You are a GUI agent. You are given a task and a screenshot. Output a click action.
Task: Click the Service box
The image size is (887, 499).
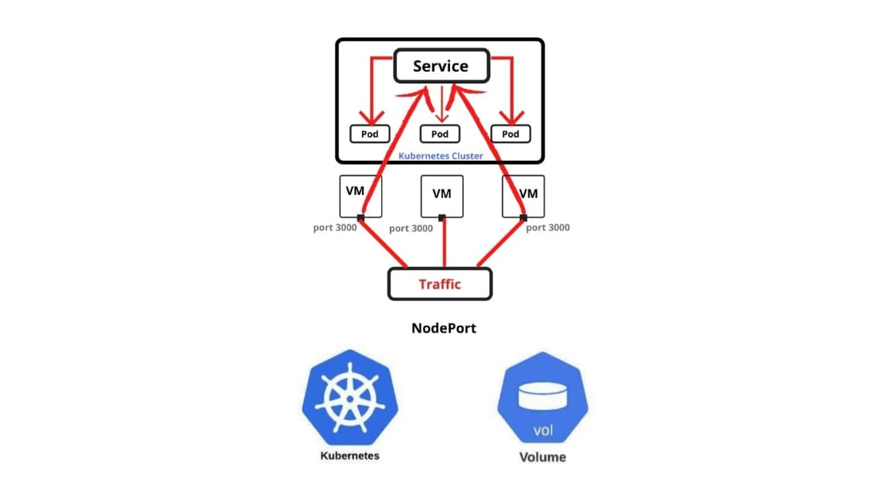441,67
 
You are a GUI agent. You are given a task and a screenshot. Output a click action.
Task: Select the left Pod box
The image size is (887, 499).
369,134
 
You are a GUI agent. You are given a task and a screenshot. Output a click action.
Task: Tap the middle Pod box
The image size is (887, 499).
439,134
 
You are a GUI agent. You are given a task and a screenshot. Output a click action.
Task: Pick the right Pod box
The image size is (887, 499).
510,134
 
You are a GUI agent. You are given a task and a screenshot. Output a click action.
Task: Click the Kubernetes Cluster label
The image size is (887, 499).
440,156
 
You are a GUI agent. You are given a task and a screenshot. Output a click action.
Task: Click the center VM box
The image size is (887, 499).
442,196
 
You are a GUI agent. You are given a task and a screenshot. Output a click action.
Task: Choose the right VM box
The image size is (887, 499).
523,196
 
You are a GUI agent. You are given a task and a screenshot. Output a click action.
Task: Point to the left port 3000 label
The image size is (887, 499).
334,228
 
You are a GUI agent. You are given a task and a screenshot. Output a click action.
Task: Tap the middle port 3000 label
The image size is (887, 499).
411,228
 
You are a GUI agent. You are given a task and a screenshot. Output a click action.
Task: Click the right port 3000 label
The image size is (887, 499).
548,227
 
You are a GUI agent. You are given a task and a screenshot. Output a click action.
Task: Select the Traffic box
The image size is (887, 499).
439,284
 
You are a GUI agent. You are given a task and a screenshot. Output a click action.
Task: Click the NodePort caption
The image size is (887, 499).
444,328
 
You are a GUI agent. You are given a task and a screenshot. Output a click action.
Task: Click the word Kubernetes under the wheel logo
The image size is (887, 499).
350,456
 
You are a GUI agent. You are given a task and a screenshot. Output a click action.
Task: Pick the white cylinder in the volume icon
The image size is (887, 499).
542,397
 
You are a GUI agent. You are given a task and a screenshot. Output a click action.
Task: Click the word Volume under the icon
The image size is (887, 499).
542,457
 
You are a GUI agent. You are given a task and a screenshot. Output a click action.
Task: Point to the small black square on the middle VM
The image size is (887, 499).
442,217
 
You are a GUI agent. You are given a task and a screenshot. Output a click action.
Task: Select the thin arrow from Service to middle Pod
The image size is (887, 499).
442,104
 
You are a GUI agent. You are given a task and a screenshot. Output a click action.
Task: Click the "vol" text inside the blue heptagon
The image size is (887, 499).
542,430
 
